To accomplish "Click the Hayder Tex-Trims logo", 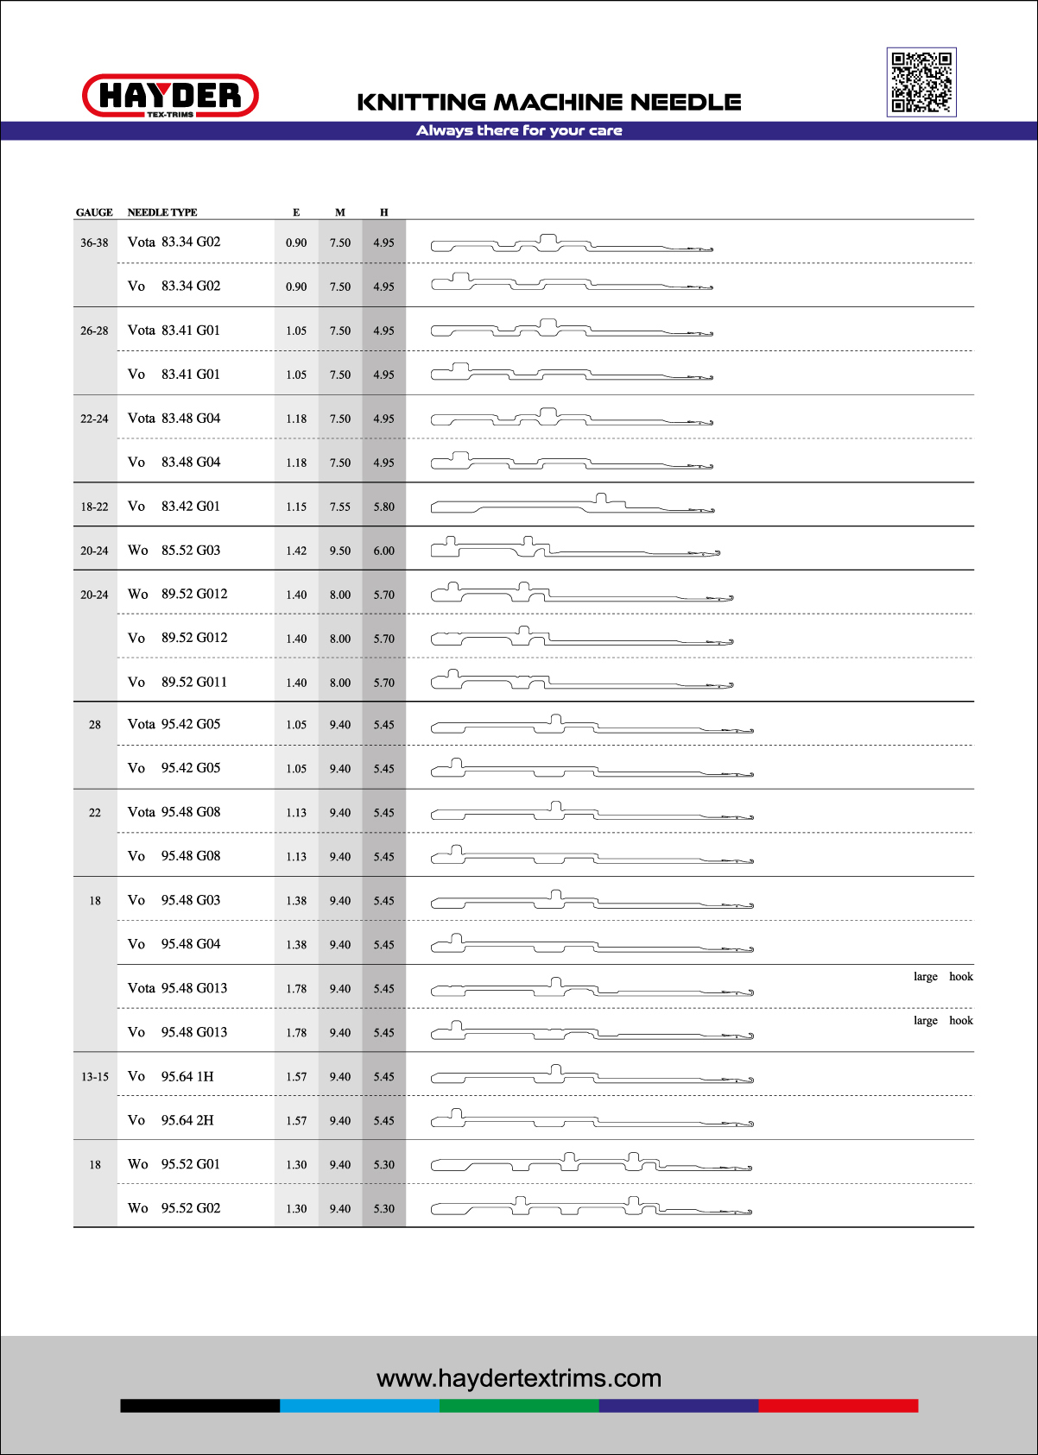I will click(170, 96).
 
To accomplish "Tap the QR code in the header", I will click(921, 82).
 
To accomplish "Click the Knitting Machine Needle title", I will click(549, 103).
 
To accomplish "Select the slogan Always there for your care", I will click(519, 131).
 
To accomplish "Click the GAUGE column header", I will click(94, 212).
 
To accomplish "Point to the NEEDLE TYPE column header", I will click(162, 212).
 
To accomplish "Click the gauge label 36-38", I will click(94, 243).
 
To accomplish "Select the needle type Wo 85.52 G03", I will click(174, 551).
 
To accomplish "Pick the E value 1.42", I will click(296, 551).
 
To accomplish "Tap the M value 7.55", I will click(340, 507).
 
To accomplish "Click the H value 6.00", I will click(384, 551).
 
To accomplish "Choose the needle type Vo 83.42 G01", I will click(174, 507).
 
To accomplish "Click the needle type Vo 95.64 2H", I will click(171, 1120).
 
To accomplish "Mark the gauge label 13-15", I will click(95, 1077).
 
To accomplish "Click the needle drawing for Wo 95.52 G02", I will click(592, 1206).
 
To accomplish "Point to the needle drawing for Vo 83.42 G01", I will click(573, 506).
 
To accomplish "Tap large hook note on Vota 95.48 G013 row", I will click(943, 977).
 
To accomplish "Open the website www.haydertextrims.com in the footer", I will click(519, 1378).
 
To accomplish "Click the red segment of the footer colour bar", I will click(838, 1406).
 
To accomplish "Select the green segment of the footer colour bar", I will click(519, 1406).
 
